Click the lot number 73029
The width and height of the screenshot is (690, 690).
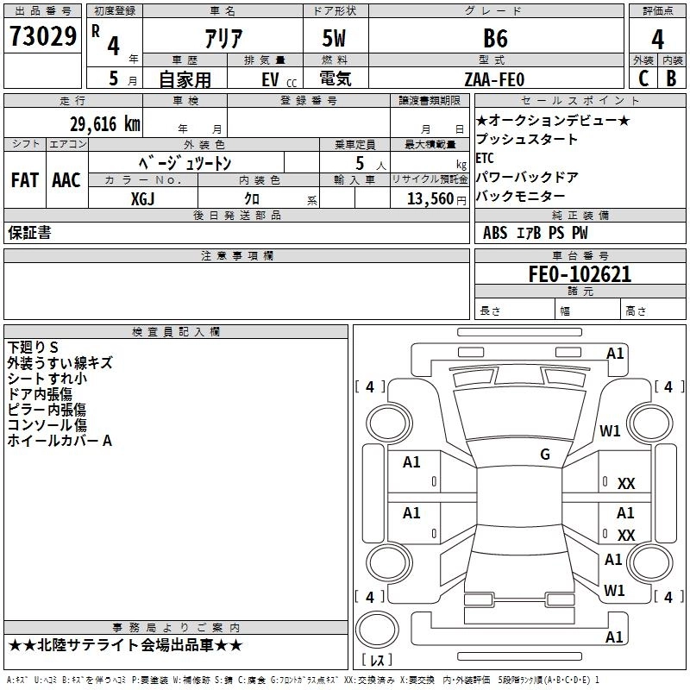[x=42, y=36]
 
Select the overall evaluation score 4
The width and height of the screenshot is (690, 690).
[x=657, y=40]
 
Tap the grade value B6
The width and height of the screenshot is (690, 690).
[x=495, y=38]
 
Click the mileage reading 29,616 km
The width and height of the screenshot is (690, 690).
[x=105, y=124]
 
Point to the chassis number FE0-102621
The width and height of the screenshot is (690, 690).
[x=580, y=274]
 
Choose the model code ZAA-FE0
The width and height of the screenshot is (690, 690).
[x=494, y=79]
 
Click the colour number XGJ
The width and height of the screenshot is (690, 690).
[x=142, y=199]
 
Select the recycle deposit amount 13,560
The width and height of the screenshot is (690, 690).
[x=430, y=199]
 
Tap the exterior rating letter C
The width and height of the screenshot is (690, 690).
[x=643, y=78]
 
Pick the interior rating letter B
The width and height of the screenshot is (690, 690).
[x=671, y=78]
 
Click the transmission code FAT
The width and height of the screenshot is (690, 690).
[x=25, y=180]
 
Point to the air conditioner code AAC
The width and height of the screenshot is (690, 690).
[x=66, y=180]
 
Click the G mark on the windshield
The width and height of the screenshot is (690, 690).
[x=545, y=454]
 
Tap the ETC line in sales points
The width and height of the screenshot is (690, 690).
[x=485, y=158]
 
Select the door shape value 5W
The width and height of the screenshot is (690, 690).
[x=334, y=38]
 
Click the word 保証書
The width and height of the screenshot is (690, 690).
[x=29, y=232]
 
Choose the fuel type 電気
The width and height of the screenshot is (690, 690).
[x=335, y=78]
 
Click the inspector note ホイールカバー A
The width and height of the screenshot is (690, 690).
[x=60, y=441]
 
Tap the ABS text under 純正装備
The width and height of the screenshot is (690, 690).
[x=495, y=233]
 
